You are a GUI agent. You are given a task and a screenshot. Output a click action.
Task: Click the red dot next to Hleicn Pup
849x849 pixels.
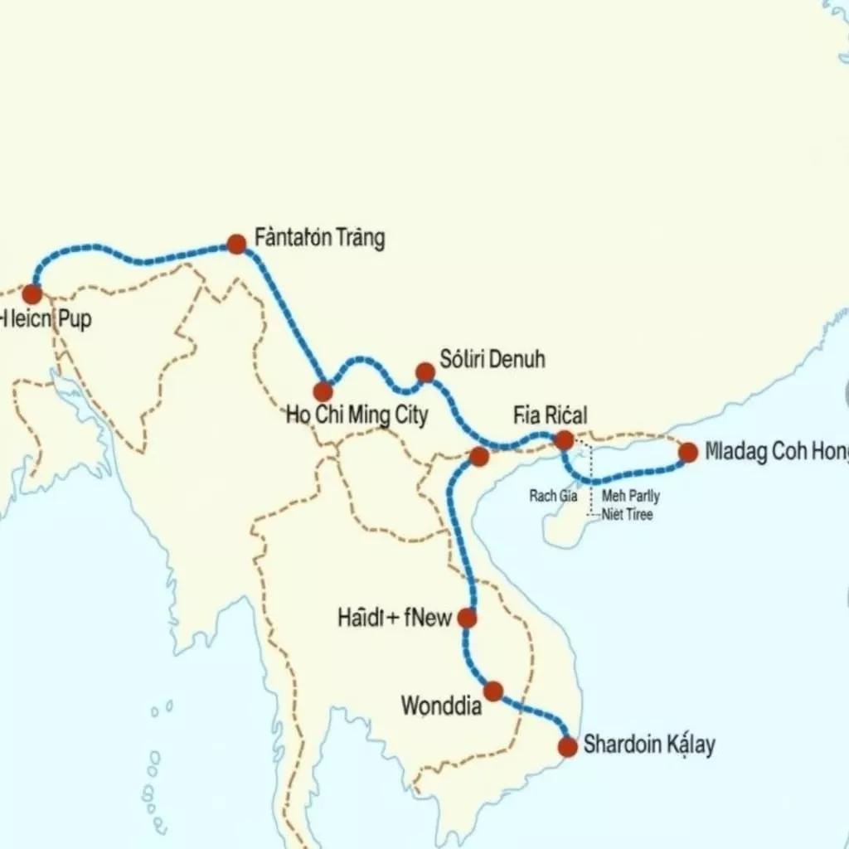point(32,294)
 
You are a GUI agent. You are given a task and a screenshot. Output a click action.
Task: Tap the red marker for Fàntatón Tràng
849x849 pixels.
point(236,244)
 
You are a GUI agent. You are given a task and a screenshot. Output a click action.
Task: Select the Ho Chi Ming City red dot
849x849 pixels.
point(323,392)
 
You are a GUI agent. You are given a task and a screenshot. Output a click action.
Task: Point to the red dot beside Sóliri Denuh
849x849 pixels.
point(425,372)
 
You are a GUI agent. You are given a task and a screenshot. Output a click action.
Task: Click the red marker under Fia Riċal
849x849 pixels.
point(564,440)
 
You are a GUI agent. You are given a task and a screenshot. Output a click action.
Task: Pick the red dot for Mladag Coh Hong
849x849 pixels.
point(688,452)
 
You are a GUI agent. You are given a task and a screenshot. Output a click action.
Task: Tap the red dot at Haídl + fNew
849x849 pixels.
point(467,618)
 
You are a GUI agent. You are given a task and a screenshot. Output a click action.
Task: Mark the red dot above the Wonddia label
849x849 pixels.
point(493,691)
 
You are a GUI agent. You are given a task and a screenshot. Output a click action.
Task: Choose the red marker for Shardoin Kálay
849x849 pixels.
point(567,746)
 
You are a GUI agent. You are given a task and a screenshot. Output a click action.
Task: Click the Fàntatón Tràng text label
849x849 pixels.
point(320,239)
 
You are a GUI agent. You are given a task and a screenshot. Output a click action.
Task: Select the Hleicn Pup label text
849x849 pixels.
point(46,320)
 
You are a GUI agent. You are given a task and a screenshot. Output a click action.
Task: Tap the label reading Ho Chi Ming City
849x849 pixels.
point(357,415)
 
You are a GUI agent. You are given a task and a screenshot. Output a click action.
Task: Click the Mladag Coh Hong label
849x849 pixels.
point(777,452)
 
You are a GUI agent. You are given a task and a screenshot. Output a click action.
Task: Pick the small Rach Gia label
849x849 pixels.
point(552,497)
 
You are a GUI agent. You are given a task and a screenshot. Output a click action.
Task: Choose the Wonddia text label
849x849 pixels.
point(440,706)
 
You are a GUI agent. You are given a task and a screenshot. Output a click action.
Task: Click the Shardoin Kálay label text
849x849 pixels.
point(649,744)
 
